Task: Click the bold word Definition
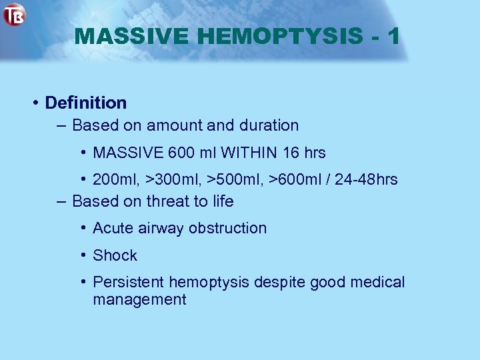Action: click(85, 103)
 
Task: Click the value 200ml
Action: click(115, 179)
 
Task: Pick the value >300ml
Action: click(174, 179)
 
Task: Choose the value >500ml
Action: click(239, 179)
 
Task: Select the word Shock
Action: click(115, 255)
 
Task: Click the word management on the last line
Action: click(139, 299)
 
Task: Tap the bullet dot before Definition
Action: click(35, 103)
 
